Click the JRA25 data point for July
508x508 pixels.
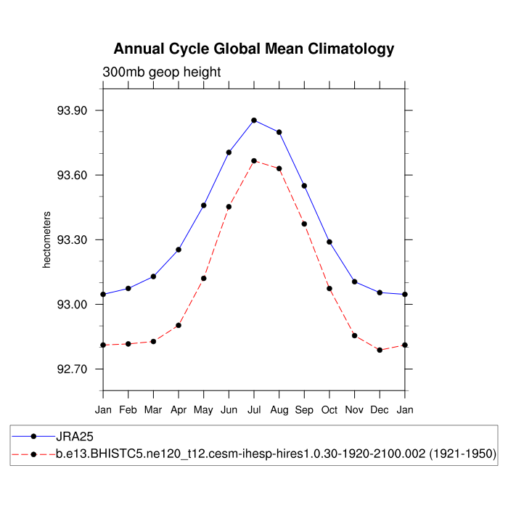(254, 120)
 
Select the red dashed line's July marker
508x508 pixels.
(254, 160)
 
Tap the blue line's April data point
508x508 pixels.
(179, 250)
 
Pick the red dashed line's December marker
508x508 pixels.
(380, 350)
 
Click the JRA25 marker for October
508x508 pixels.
(329, 242)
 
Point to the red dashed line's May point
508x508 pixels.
(204, 278)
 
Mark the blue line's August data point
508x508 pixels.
(279, 132)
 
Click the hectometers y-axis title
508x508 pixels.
(46, 240)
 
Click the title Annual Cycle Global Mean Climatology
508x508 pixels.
(254, 49)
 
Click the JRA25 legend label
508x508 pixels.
(75, 437)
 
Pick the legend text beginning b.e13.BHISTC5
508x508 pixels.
(276, 454)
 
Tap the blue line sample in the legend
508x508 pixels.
(33, 437)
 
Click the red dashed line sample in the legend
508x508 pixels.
(33, 454)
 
